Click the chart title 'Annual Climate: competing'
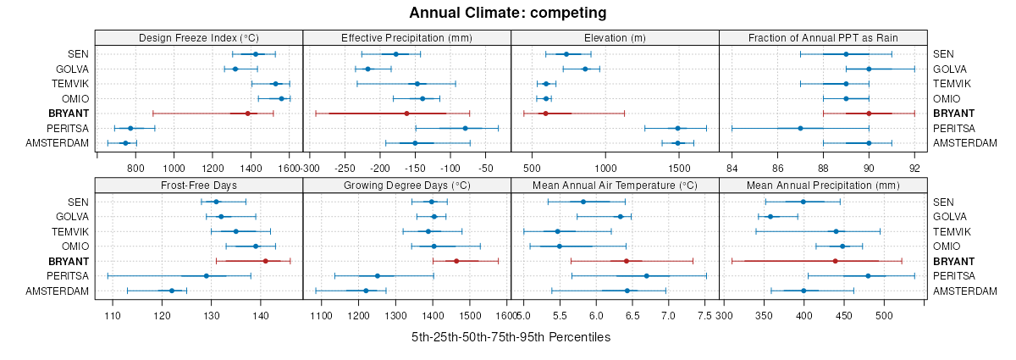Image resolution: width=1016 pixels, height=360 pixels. click(507, 13)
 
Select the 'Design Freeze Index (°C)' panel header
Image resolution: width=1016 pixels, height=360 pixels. click(199, 37)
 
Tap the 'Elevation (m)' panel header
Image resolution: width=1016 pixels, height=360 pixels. click(615, 37)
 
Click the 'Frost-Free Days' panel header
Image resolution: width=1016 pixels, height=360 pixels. click(199, 186)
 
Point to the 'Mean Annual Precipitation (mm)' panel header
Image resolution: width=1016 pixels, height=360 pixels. click(823, 186)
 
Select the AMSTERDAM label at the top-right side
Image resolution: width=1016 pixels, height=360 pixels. click(965, 143)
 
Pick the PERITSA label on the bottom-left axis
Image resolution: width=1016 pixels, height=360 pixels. click(68, 276)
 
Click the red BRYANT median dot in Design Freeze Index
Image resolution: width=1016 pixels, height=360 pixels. click(247, 114)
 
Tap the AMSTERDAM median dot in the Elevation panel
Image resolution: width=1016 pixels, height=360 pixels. click(677, 143)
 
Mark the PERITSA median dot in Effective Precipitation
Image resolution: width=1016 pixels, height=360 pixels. click(465, 128)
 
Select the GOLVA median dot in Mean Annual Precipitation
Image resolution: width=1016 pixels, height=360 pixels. click(770, 217)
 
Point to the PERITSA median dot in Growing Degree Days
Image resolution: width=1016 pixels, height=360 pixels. click(378, 276)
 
